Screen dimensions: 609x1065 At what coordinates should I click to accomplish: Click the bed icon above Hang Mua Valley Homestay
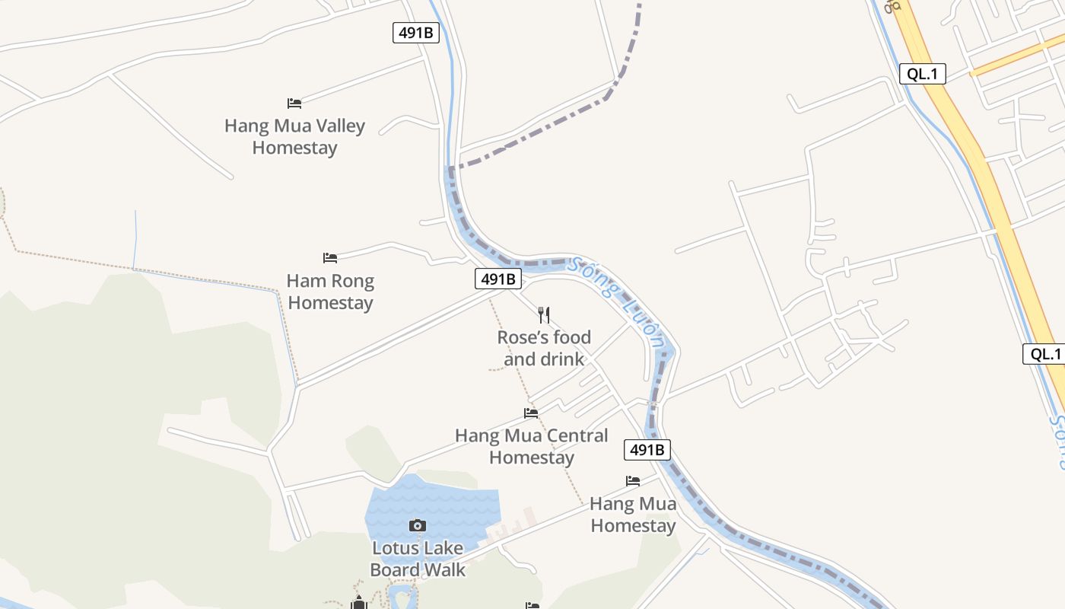294,103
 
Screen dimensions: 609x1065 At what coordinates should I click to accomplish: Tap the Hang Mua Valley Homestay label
294,136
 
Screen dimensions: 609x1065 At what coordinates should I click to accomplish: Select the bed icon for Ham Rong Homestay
330,258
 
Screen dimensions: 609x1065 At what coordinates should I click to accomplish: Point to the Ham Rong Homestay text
330,292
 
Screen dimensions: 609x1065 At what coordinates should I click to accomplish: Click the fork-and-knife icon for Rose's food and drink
544,314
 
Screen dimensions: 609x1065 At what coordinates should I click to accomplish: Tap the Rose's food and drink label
544,348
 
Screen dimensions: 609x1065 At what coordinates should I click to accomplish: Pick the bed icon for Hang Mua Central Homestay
531,413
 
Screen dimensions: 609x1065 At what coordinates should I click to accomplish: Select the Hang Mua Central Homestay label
531,446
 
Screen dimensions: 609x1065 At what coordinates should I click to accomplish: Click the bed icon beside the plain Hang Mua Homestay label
633,481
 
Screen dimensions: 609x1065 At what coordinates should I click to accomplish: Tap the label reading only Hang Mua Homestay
633,515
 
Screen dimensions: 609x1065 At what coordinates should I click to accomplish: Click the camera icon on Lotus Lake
417,525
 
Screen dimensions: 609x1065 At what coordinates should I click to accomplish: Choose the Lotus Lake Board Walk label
417,559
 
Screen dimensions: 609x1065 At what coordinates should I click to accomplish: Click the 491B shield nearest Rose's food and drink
499,279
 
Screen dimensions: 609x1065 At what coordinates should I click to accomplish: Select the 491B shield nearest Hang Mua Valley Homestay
416,33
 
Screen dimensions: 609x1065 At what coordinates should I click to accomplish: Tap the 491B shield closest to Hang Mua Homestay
647,450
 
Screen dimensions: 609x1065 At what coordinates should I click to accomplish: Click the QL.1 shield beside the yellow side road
923,74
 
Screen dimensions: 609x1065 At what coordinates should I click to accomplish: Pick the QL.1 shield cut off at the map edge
1044,353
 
